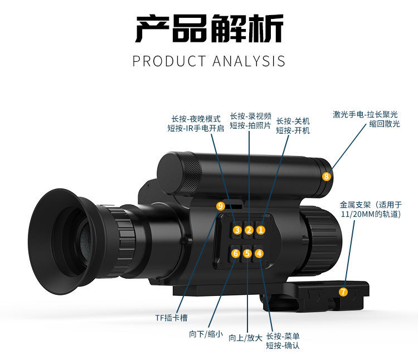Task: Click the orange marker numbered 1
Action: click(x=261, y=230)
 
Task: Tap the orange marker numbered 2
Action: click(x=249, y=230)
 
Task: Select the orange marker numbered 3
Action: click(x=237, y=230)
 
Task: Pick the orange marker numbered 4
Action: click(x=259, y=254)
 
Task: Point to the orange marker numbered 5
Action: click(x=247, y=254)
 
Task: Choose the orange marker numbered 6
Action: click(x=236, y=254)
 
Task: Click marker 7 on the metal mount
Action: click(x=343, y=291)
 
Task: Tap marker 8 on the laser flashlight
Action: click(x=327, y=176)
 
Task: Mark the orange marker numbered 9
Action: click(x=220, y=206)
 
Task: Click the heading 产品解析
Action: click(x=209, y=29)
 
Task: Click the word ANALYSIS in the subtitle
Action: click(x=249, y=61)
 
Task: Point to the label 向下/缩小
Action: click(x=206, y=334)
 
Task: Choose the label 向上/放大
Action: click(x=245, y=337)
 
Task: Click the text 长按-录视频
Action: click(x=251, y=116)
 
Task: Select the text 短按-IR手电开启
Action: click(x=196, y=128)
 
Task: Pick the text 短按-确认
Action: click(x=283, y=346)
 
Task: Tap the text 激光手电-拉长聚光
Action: click(x=366, y=114)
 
